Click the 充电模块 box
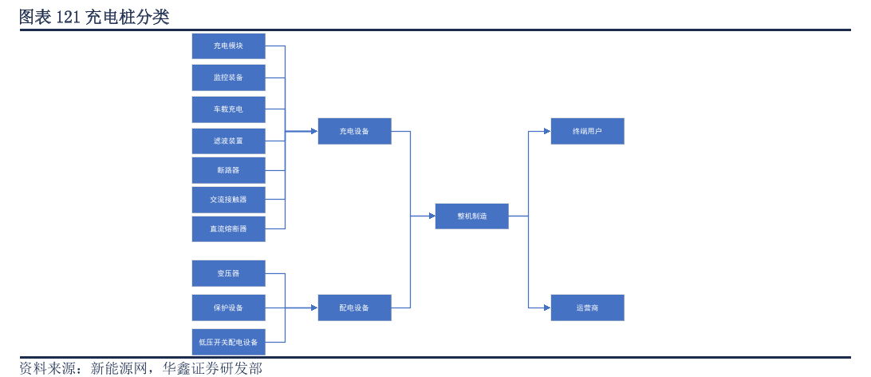click(228, 46)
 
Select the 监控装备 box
click(228, 77)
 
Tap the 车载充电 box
click(228, 109)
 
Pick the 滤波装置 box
click(228, 141)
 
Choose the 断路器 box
click(228, 170)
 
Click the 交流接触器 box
click(228, 200)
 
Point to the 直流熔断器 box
click(228, 229)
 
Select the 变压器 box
click(228, 274)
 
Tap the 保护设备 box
click(228, 308)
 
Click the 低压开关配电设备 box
click(228, 342)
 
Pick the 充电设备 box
click(354, 131)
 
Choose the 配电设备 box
click(354, 308)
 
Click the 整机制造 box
click(471, 216)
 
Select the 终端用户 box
click(587, 131)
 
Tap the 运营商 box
click(587, 308)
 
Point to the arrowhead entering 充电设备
click(314, 131)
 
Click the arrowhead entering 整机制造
click(432, 216)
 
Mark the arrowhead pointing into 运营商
click(547, 308)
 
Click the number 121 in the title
click(69, 18)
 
